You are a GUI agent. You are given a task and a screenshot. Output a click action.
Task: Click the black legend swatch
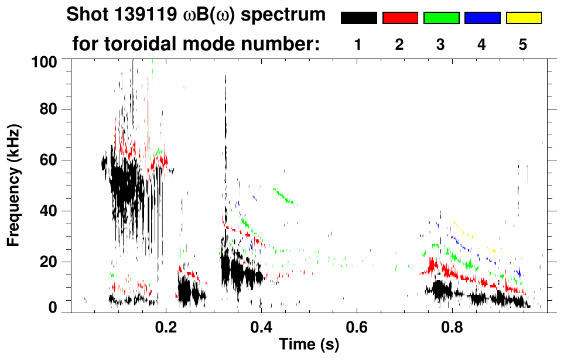tap(358, 18)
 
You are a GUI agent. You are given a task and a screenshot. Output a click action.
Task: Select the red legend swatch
tap(400, 18)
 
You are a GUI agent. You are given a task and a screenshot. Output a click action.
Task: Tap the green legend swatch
tap(441, 18)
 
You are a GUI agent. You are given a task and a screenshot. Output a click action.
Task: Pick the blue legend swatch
tap(482, 18)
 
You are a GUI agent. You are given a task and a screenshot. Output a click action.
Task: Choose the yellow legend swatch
tap(524, 18)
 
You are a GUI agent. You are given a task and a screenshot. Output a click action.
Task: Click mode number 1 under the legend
tap(358, 44)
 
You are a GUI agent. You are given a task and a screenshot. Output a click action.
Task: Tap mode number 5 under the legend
tap(523, 44)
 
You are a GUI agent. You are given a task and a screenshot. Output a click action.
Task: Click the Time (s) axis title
tap(308, 345)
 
